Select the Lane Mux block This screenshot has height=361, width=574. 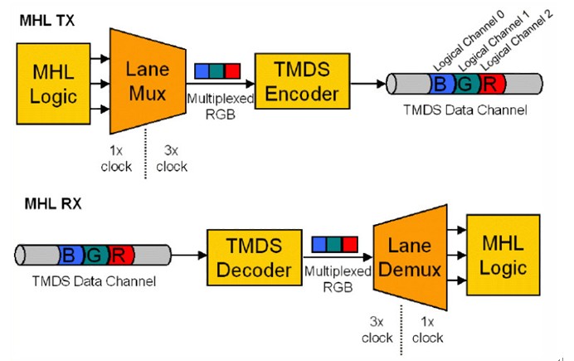146,81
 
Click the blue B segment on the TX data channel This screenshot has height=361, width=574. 440,83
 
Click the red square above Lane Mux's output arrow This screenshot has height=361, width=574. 231,71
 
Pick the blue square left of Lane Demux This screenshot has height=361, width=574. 319,244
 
